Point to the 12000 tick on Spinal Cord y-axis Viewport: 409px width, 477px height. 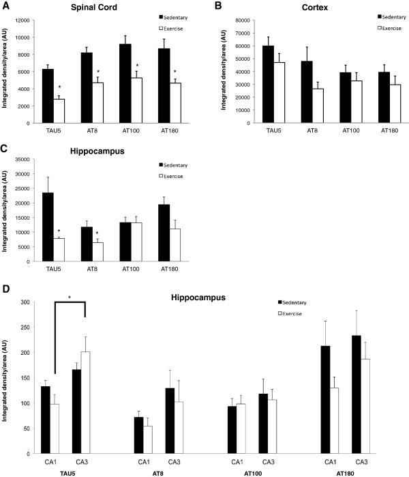pyautogui.click(x=25, y=19)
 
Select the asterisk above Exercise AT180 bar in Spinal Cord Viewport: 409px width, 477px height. pyautogui.click(x=176, y=72)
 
